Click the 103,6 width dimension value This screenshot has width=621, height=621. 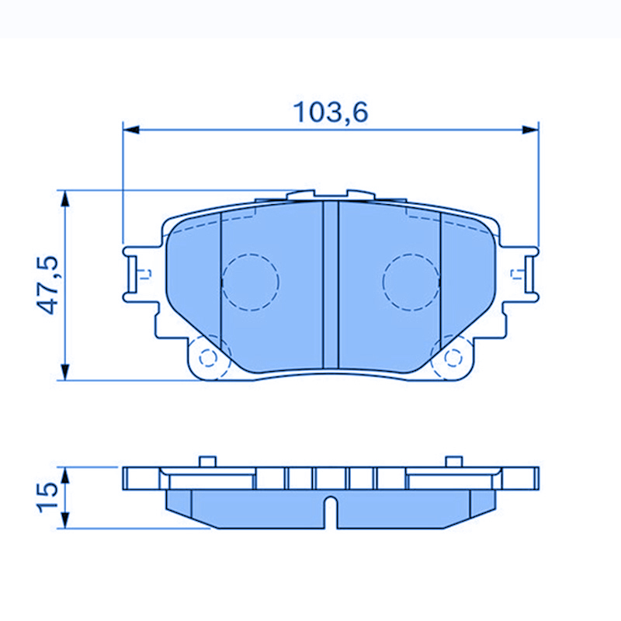pos(330,113)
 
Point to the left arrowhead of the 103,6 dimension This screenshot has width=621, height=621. pos(130,129)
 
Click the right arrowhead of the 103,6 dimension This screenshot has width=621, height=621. pos(531,129)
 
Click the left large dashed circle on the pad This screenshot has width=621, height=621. pos(250,283)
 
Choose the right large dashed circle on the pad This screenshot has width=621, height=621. pos(411,283)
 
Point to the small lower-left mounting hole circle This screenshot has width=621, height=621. pos(207,357)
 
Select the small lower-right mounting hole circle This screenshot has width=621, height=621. pos(453,357)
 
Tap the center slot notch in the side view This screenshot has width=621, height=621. pos(331,512)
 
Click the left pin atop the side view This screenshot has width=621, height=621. pos(206,462)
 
